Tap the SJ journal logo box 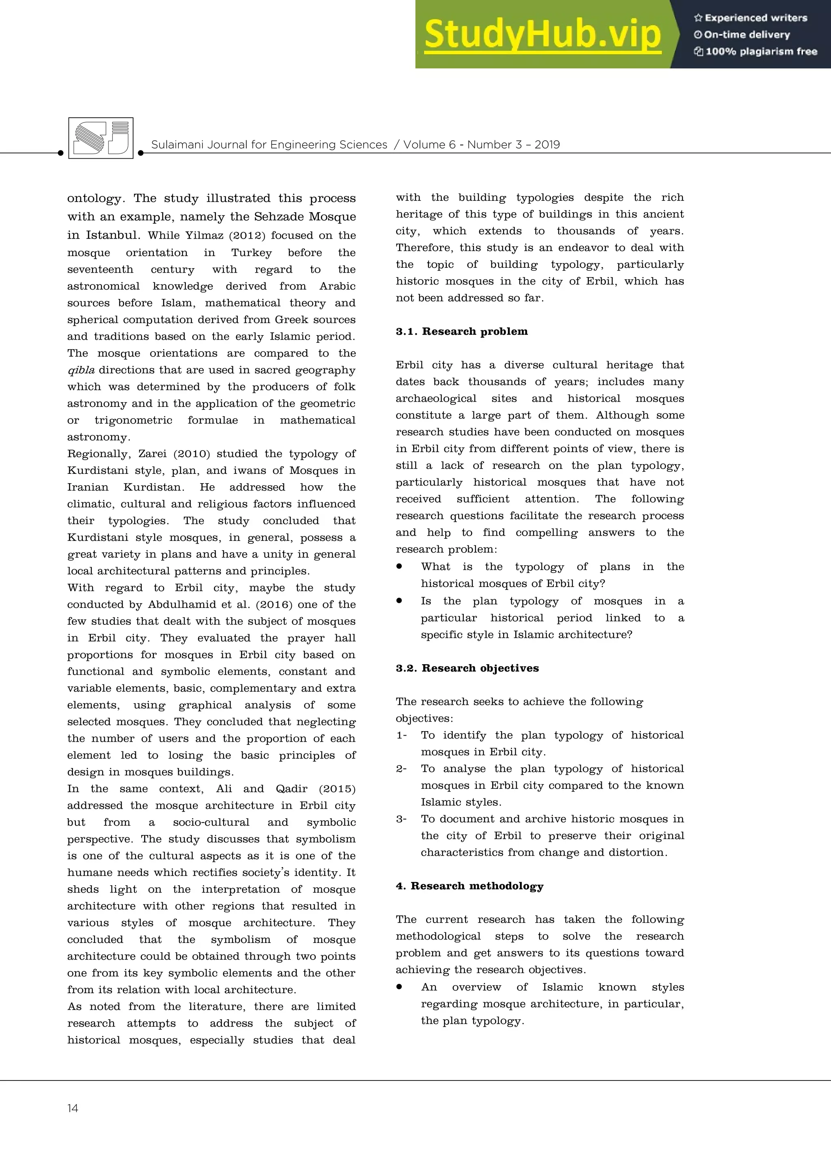101,138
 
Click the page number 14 73,1108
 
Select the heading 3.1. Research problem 461,331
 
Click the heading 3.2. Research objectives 467,668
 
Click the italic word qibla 81,370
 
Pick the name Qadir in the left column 292,789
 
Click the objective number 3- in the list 401,819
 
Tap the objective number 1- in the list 401,736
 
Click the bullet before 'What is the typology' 399,566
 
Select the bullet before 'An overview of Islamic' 399,987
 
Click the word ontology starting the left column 96,198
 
